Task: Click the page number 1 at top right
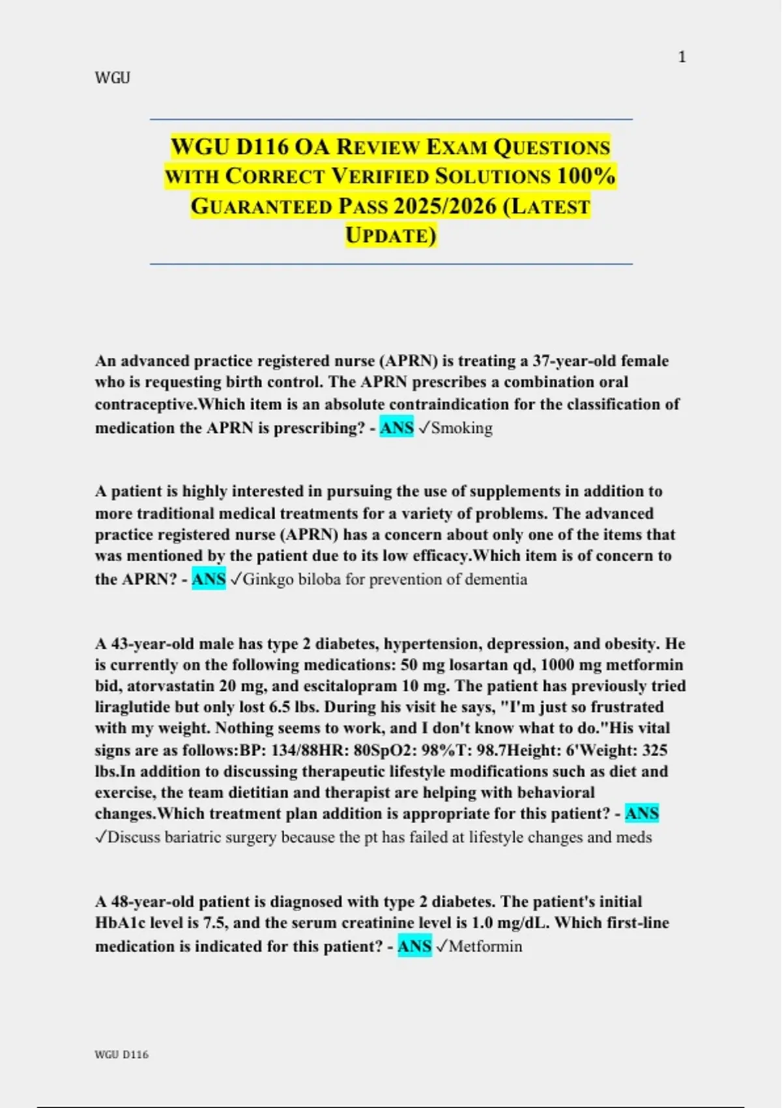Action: point(682,57)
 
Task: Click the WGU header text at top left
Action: point(113,78)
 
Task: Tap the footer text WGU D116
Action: point(122,1055)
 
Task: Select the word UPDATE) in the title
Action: point(390,235)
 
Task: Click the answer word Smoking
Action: point(461,428)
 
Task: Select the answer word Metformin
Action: point(485,946)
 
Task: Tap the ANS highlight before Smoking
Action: point(396,428)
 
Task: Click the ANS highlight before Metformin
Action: point(414,946)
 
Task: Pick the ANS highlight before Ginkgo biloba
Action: point(209,579)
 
